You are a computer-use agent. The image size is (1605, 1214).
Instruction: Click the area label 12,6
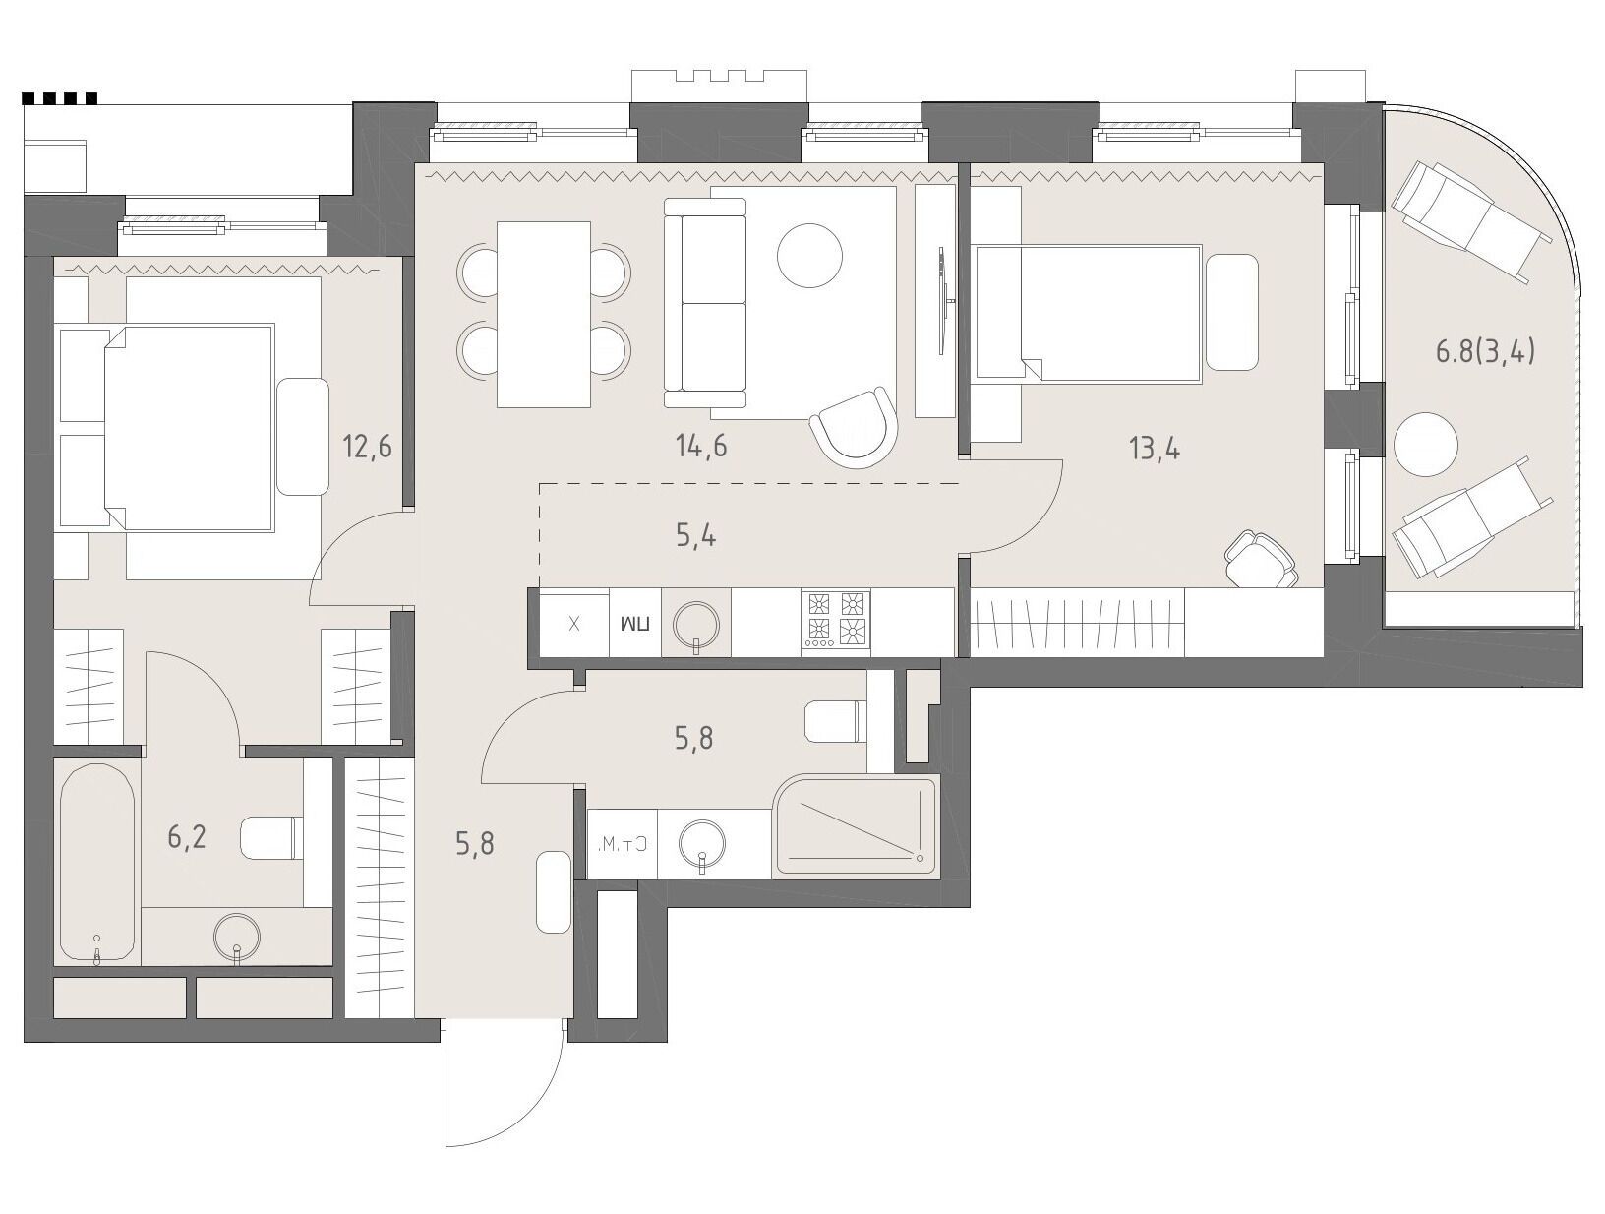tap(367, 446)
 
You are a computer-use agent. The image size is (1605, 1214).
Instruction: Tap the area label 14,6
tap(701, 446)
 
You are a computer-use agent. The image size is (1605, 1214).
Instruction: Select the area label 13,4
tap(1155, 449)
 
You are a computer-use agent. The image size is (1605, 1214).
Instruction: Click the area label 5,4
tap(695, 537)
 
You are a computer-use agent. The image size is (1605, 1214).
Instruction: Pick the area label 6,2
tap(187, 836)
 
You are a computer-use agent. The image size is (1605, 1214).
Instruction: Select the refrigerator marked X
tap(574, 624)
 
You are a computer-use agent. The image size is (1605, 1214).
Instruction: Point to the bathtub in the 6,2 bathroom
tap(97, 864)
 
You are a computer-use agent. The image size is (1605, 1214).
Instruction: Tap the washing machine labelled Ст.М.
tap(623, 844)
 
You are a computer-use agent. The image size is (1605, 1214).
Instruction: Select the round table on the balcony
tap(1426, 445)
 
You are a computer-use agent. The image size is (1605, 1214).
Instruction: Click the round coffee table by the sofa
tap(809, 256)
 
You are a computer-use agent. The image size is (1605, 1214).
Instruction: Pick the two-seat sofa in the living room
tap(705, 302)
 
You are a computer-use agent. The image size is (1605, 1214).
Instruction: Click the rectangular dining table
tap(543, 315)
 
